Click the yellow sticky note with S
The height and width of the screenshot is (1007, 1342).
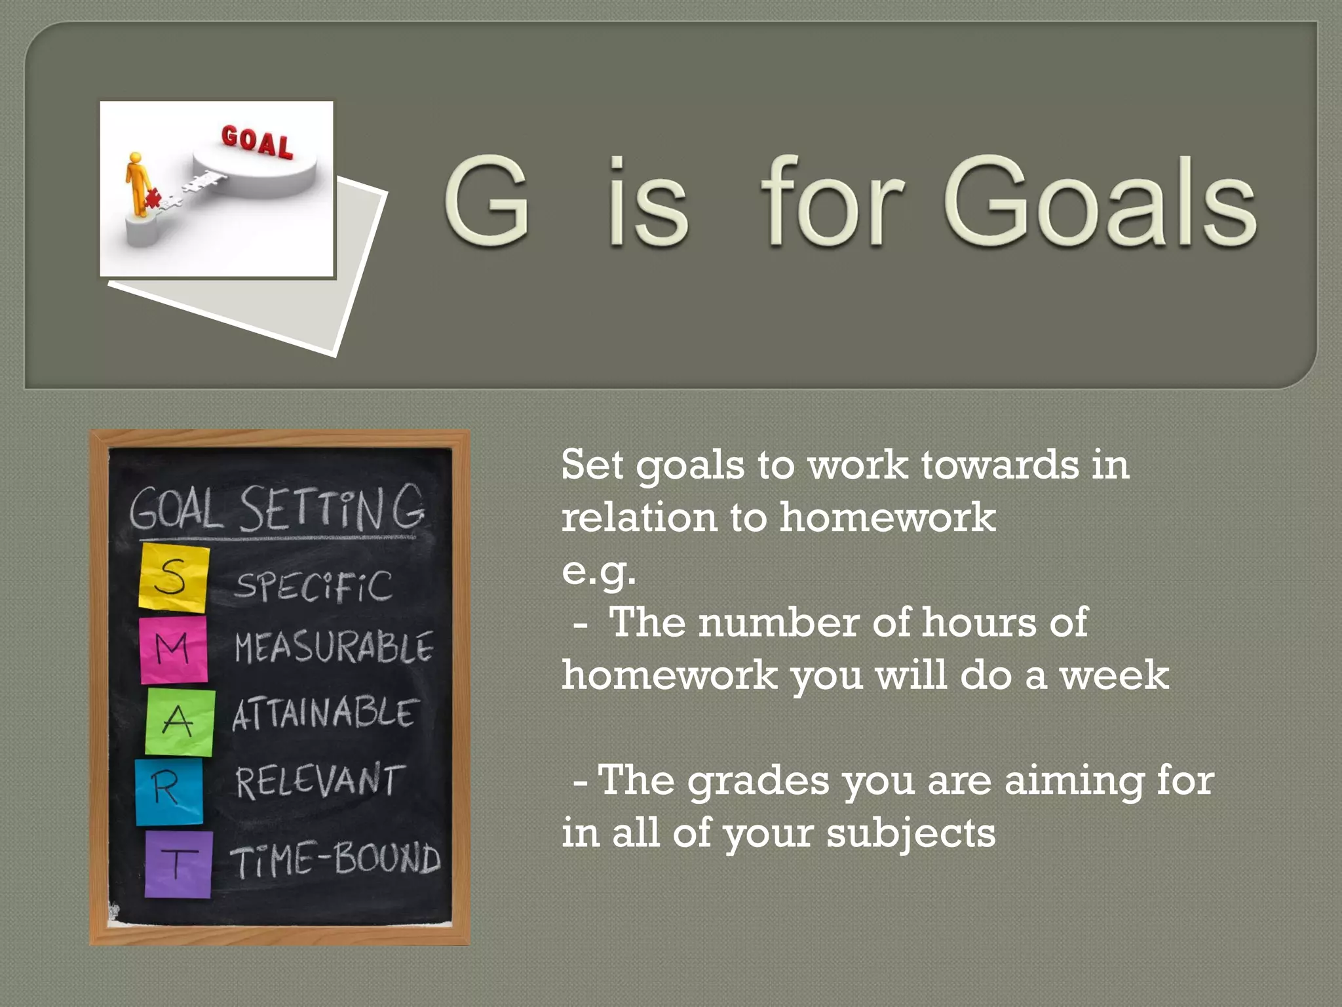174,578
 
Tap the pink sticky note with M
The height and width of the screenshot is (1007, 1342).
174,649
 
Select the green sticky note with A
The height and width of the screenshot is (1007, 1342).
180,722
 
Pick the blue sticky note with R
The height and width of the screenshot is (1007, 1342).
168,791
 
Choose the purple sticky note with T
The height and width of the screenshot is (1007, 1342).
178,863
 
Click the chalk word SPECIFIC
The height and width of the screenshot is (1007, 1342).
313,585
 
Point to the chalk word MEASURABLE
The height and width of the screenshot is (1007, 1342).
334,648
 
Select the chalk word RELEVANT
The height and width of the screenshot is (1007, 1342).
317,781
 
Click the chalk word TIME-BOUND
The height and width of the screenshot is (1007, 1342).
335,859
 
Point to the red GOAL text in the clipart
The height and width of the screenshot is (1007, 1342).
257,142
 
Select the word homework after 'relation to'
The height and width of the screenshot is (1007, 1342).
887,517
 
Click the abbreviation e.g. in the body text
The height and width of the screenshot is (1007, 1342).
598,570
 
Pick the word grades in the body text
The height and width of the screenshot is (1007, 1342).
758,781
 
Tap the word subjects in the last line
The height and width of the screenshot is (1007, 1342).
910,833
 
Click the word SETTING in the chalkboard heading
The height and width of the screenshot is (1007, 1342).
331,508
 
